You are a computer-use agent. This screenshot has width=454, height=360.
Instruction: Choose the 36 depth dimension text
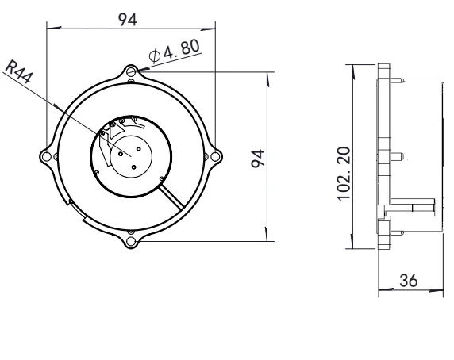(x=410, y=281)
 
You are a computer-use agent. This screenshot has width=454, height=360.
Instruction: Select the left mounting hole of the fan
(x=48, y=156)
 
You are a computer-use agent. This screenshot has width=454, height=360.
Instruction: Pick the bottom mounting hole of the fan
(x=131, y=239)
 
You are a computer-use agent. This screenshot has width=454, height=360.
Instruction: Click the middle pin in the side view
(x=403, y=155)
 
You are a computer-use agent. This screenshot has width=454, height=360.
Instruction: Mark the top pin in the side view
(x=403, y=79)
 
